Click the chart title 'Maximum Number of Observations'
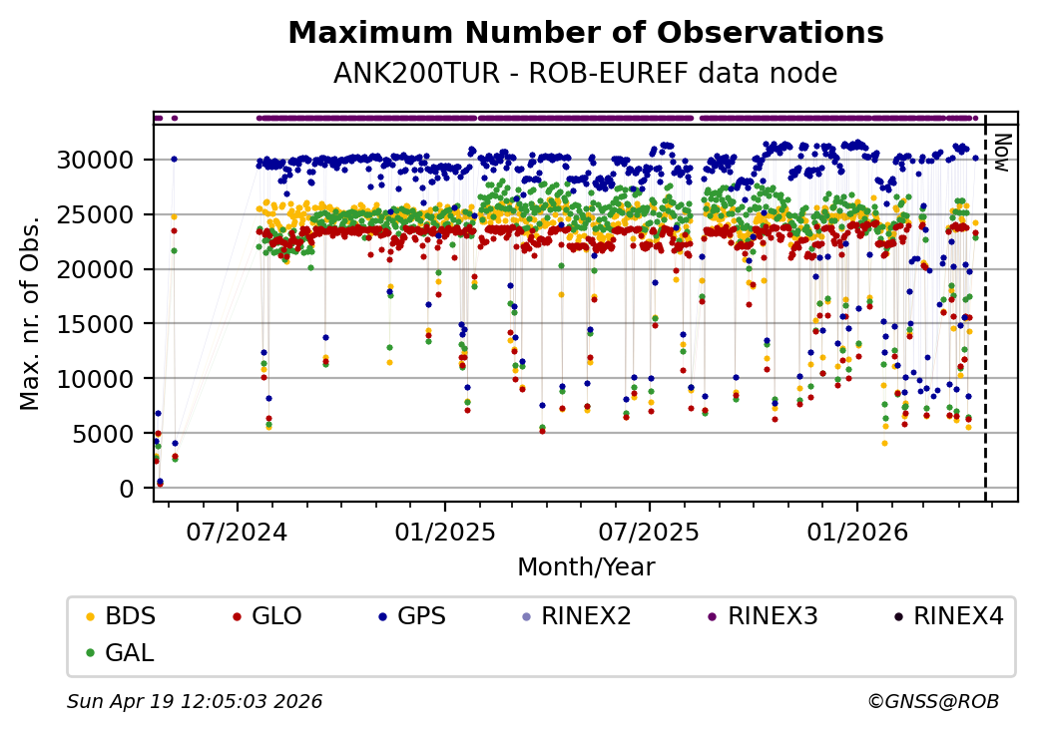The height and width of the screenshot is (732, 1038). click(585, 33)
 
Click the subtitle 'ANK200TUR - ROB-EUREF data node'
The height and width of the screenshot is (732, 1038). click(585, 73)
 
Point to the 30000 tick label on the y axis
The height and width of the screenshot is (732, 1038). click(106, 160)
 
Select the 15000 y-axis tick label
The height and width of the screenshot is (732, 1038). click(106, 324)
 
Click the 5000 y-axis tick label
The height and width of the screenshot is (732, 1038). click(112, 434)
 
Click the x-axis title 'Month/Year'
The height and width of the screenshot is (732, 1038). click(586, 567)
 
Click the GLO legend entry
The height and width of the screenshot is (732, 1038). click(276, 616)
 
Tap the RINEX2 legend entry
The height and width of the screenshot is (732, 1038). click(586, 616)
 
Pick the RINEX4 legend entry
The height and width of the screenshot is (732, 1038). click(957, 616)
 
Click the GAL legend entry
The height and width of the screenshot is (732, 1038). click(129, 653)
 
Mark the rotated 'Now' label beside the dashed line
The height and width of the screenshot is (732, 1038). click(1002, 152)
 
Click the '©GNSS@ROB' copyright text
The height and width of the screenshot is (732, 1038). click(933, 702)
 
